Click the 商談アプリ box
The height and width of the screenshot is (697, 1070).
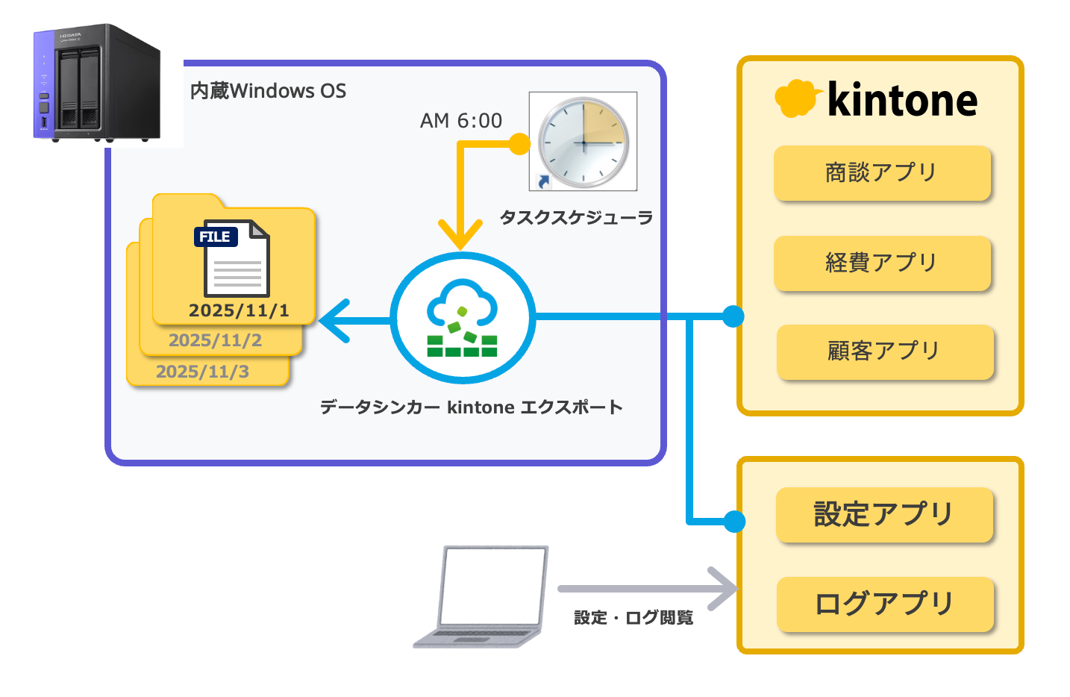[x=882, y=173]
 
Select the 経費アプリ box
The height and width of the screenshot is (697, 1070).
[x=882, y=263]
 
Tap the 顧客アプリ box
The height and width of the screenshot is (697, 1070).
[x=885, y=352]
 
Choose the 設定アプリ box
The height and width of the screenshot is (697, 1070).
[x=885, y=514]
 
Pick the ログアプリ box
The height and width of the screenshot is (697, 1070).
[x=885, y=604]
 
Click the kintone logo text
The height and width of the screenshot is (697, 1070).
[x=902, y=99]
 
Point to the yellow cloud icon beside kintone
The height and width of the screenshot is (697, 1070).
[x=798, y=98]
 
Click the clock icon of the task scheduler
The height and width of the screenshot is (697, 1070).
[x=583, y=142]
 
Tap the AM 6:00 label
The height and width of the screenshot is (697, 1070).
[x=461, y=121]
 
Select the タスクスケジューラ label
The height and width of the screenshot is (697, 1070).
[x=576, y=218]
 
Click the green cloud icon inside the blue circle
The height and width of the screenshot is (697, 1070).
[x=463, y=318]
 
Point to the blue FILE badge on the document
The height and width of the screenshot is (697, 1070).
[x=216, y=237]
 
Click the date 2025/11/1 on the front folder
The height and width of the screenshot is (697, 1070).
[x=239, y=310]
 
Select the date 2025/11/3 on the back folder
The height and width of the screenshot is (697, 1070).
[x=202, y=372]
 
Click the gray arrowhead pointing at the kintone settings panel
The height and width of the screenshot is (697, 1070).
[x=724, y=589]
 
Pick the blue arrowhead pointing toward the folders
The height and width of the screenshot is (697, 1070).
[x=334, y=321]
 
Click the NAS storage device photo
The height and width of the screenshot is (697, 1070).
[x=96, y=83]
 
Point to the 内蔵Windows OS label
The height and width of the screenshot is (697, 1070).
[x=268, y=91]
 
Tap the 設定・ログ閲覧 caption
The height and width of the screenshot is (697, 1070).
[x=633, y=618]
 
